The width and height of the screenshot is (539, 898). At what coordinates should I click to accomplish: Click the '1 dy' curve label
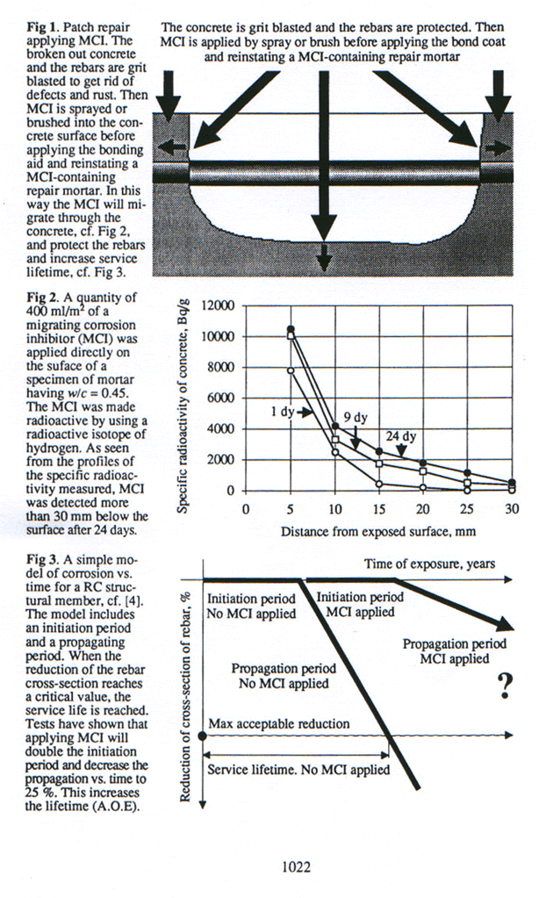pos(286,410)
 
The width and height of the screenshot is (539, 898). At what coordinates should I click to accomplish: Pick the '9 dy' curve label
pos(354,419)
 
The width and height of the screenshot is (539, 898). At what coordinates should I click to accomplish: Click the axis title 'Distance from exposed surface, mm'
pos(378,531)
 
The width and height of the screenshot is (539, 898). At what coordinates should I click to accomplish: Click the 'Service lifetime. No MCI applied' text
pos(294,770)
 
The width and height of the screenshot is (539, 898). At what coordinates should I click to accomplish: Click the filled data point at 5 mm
pos(291,329)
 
